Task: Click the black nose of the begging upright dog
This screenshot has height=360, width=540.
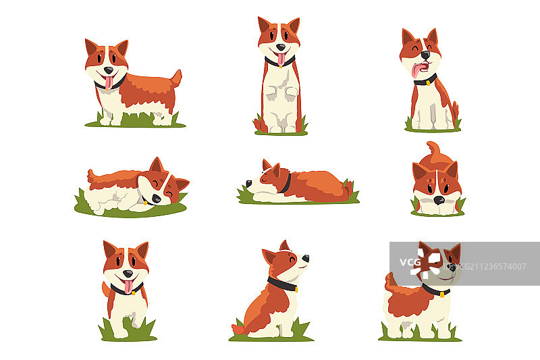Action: pyautogui.click(x=281, y=47)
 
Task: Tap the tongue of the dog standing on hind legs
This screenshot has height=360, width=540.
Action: pyautogui.click(x=281, y=59)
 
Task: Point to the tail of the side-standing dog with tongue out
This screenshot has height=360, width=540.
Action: pyautogui.click(x=177, y=78)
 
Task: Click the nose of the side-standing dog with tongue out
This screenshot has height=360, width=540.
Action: pyautogui.click(x=109, y=70)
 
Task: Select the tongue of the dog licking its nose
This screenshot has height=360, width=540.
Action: pyautogui.click(x=416, y=70)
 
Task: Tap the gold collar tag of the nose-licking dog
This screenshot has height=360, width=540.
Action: pyautogui.click(x=427, y=83)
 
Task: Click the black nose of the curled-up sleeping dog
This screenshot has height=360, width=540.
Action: pyautogui.click(x=157, y=199)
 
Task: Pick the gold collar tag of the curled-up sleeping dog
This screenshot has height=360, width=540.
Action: pyautogui.click(x=145, y=203)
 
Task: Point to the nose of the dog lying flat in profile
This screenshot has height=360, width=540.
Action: pyautogui.click(x=248, y=183)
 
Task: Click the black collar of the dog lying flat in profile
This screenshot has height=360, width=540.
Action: pyautogui.click(x=286, y=183)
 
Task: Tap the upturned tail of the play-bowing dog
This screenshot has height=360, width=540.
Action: pyautogui.click(x=434, y=148)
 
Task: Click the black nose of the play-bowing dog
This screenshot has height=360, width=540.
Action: pyautogui.click(x=439, y=200)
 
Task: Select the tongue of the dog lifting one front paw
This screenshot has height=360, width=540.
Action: pyautogui.click(x=128, y=286)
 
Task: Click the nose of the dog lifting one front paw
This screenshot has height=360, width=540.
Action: pyautogui.click(x=128, y=274)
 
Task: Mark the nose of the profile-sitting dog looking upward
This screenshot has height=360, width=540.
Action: pyautogui.click(x=306, y=258)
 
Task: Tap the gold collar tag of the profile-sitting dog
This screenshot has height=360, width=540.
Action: pyautogui.click(x=296, y=289)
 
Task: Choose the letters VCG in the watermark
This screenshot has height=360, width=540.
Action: pyautogui.click(x=410, y=263)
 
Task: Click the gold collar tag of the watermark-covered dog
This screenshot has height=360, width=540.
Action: pyautogui.click(x=442, y=295)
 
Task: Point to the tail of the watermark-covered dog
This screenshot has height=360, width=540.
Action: pyautogui.click(x=391, y=282)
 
